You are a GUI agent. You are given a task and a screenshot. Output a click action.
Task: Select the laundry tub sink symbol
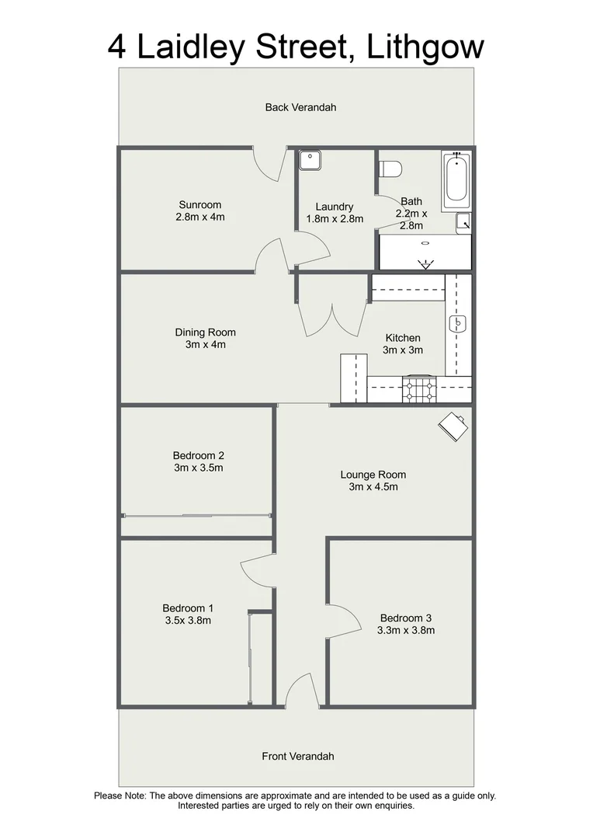pos(311,159)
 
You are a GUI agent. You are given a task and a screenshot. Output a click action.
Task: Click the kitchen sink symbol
pos(459,322)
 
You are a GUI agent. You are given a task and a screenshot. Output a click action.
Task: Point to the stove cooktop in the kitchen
pos(419,389)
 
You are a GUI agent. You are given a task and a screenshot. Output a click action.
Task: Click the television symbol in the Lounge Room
pos(453,426)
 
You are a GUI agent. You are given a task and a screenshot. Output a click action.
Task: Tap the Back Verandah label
pos(300,107)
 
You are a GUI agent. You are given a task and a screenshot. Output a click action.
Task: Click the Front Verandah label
pos(297,756)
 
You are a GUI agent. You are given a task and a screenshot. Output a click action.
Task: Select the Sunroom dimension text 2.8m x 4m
pos(200,218)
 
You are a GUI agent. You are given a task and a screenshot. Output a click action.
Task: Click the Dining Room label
pos(205,332)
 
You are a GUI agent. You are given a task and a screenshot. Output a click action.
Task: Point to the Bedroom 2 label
pos(199,456)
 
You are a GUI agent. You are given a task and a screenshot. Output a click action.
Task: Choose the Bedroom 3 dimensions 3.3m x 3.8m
pos(405,630)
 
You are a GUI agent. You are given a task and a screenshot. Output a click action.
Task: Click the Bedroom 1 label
pos(188,608)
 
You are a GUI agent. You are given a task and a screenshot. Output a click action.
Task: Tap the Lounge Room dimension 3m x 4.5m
pos(373,487)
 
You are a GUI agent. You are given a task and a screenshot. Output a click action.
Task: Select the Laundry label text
pos(335,207)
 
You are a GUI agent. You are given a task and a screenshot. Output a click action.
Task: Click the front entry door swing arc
pos(299,690)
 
